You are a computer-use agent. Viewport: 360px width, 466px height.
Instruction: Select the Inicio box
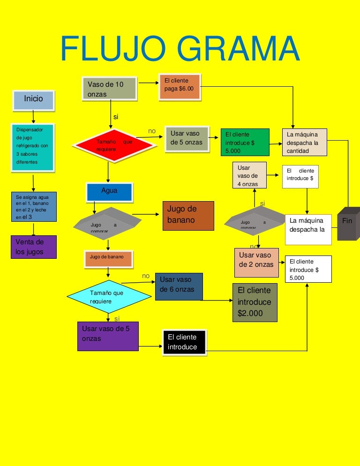point(33,99)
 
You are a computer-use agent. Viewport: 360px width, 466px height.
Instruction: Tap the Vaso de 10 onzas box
point(110,89)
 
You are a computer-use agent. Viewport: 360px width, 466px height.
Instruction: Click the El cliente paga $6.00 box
point(180,86)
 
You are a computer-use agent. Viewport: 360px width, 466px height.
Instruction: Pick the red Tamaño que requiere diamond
point(113,145)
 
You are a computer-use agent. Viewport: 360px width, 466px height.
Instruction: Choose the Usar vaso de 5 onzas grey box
point(187,138)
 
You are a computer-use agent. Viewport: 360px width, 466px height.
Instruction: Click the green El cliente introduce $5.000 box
point(245,142)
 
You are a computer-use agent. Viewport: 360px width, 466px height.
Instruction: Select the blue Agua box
point(109,191)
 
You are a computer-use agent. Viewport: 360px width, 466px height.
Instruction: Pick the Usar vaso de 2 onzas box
point(256,262)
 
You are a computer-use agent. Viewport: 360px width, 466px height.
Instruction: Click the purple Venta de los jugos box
point(33,247)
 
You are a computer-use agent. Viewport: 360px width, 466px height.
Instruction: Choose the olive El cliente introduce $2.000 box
point(255,302)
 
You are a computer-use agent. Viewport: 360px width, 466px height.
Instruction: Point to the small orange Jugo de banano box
point(108,258)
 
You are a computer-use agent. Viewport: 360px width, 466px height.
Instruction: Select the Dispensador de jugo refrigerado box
point(33,147)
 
